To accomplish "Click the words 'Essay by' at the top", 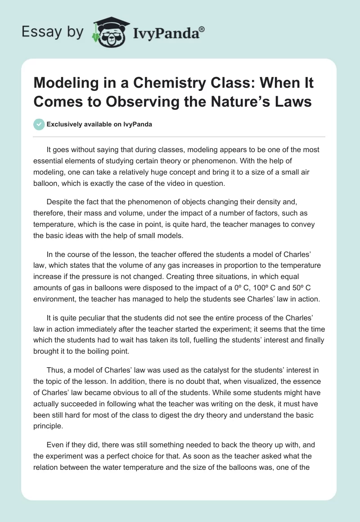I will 53,32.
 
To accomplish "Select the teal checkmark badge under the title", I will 39,124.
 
